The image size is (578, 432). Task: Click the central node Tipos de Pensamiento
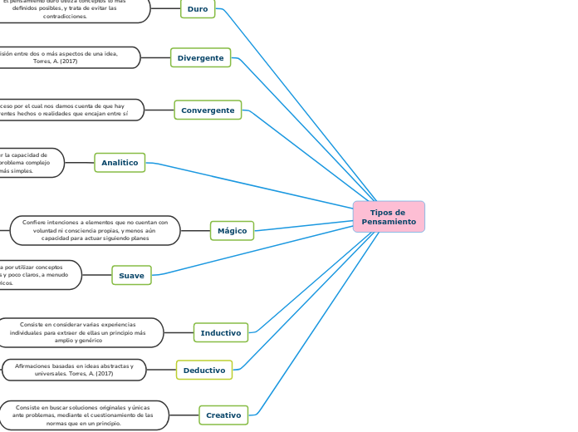coord(389,217)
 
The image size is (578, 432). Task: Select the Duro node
coord(198,8)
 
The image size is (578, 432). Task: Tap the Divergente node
coord(200,57)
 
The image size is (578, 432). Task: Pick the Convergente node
coord(208,110)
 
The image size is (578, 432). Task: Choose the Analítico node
coord(120,163)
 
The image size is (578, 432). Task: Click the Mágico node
coord(232,230)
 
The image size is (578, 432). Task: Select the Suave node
coord(131,275)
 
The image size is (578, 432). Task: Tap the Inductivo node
coord(220,332)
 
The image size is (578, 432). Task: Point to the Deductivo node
coord(203,370)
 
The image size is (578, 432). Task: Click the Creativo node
coord(223,415)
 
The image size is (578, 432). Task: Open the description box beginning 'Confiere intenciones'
coord(95,230)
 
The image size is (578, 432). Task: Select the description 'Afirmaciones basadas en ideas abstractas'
coord(74,370)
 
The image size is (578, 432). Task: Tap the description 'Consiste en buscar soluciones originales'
coord(84,415)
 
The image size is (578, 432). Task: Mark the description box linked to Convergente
coord(70,110)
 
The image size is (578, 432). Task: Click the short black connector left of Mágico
coord(195,230)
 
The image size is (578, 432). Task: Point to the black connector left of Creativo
coord(184,415)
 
